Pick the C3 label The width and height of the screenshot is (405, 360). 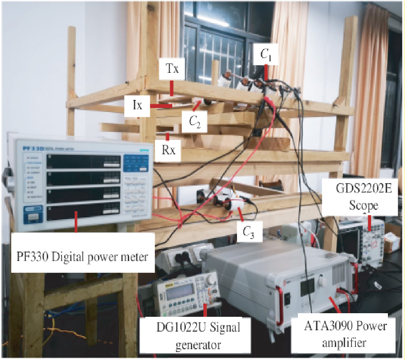(247, 232)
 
